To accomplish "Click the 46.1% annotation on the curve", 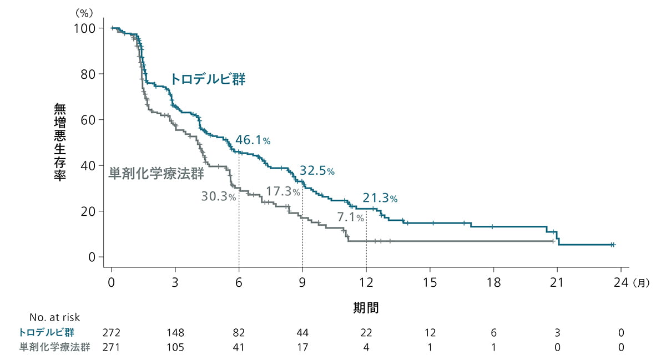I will tap(253, 140).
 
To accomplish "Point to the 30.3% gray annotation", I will tap(219, 196).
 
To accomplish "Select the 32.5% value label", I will tap(317, 171).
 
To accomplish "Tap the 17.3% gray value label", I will tap(283, 192).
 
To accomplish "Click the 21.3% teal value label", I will tap(380, 198).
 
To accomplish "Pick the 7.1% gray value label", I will tap(351, 218).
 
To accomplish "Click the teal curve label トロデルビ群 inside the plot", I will tap(208, 79).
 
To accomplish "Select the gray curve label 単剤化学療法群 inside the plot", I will tap(156, 173).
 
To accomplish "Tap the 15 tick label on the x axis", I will tap(430, 282).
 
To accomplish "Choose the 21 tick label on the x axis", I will tap(557, 282).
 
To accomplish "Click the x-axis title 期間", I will tap(366, 308).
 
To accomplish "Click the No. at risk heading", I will tap(55, 318).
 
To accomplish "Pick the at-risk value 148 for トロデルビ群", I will tap(175, 333).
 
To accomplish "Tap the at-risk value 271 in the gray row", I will tap(112, 347).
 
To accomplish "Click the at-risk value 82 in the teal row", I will tap(239, 333).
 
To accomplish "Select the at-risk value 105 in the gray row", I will tap(175, 347).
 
